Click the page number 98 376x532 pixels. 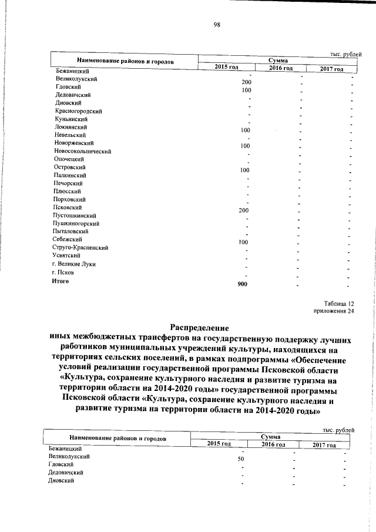pyautogui.click(x=216, y=24)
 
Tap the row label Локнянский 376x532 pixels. pyautogui.click(x=71, y=126)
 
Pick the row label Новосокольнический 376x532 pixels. pyautogui.click(x=82, y=151)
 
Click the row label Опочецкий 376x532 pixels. pyautogui.click(x=69, y=159)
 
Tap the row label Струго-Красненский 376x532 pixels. pyautogui.click(x=80, y=247)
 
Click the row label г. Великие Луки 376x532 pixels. pyautogui.click(x=73, y=264)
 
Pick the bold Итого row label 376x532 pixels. pyautogui.click(x=61, y=280)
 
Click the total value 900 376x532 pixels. pyautogui.click(x=241, y=285)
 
